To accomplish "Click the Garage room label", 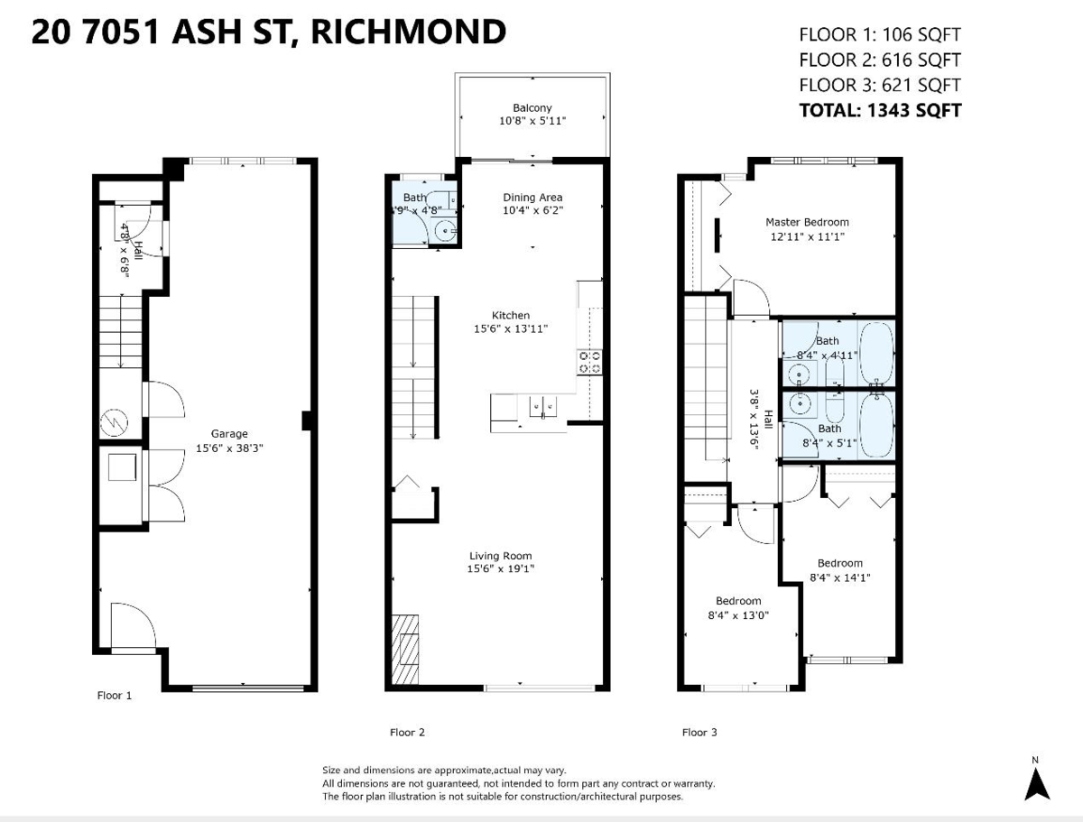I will point(229,434).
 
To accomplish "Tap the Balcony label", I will point(532,107).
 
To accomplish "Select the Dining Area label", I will point(532,198).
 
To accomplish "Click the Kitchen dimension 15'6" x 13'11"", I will point(511,328).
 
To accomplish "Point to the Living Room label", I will point(500,556).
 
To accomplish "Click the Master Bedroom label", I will point(807,222).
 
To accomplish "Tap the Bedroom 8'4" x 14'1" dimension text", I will point(840,577).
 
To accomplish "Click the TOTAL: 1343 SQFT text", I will point(880,110).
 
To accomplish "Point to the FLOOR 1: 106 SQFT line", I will point(880,35).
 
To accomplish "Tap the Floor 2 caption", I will point(407,733).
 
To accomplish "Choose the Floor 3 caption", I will point(699,733).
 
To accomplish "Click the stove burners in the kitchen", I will point(590,362).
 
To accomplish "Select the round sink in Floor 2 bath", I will point(444,231).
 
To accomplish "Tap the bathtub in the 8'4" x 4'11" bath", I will point(875,354).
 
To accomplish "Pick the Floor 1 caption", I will point(115,696).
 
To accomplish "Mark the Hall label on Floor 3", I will point(768,419).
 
